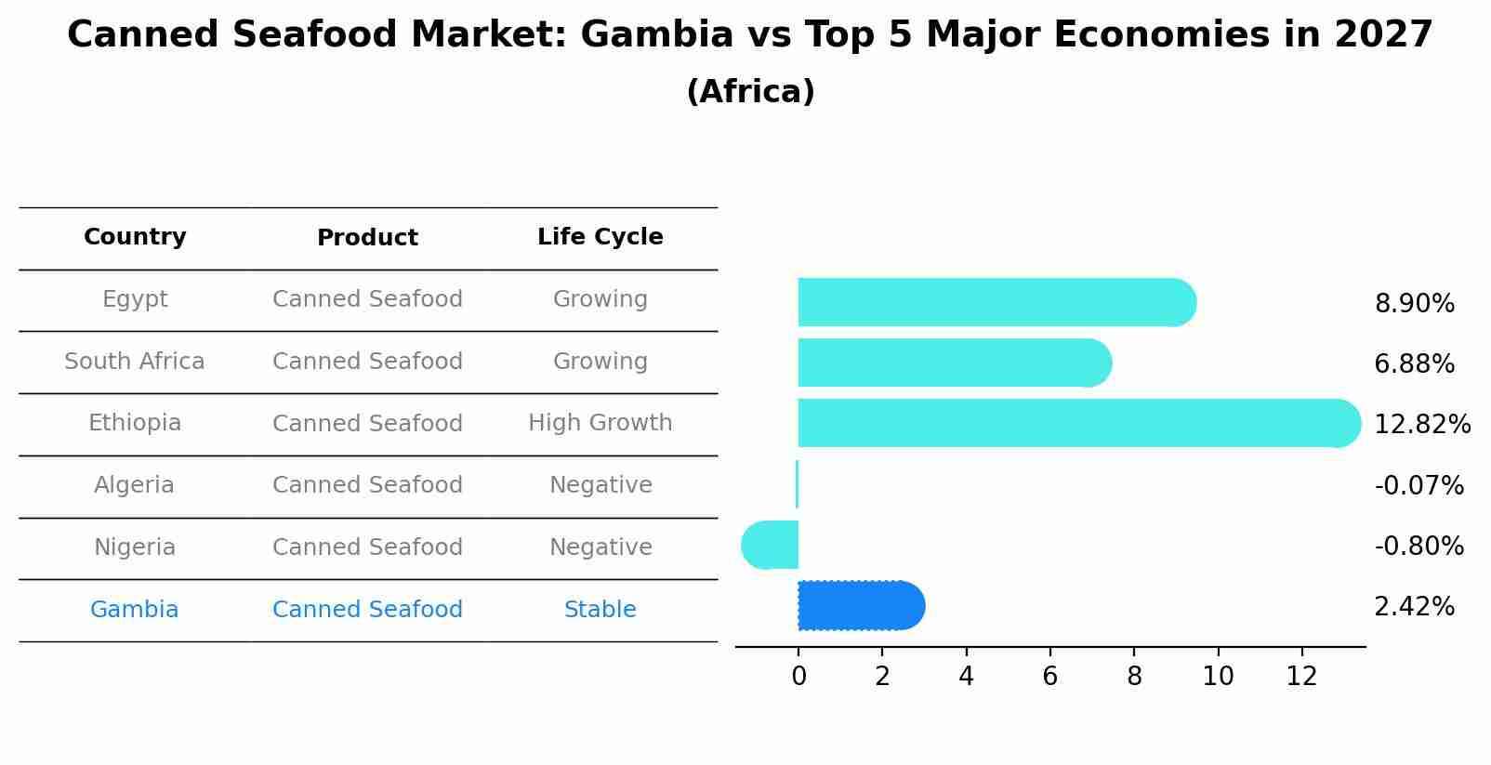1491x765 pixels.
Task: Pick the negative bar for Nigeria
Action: (771, 545)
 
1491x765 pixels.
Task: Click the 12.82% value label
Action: (1421, 425)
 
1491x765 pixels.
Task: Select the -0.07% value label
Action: (1418, 485)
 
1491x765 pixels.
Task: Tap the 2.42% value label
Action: (1414, 607)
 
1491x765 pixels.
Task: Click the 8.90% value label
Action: (1414, 304)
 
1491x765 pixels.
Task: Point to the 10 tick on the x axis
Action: (1218, 677)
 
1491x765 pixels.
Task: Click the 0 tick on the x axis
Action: (798, 677)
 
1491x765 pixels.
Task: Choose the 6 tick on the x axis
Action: (1050, 677)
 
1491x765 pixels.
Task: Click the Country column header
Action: (135, 237)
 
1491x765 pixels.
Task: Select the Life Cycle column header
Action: (600, 237)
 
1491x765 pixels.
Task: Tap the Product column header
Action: (367, 238)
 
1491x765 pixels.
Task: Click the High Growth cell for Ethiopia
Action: (600, 423)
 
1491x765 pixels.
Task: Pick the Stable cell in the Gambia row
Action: (600, 610)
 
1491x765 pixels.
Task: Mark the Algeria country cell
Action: (134, 485)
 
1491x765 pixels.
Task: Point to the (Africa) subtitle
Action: (750, 92)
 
